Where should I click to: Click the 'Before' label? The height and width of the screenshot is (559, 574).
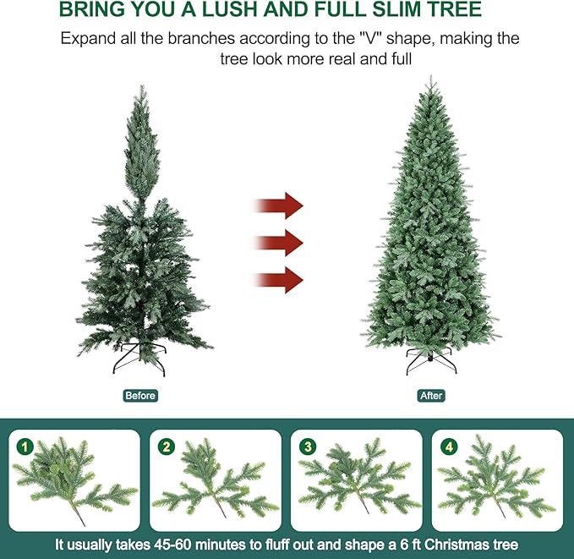tap(140, 396)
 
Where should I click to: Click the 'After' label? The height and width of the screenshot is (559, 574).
tap(431, 396)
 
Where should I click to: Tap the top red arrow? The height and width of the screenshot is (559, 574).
tap(278, 206)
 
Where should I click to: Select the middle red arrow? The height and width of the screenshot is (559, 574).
tap(278, 242)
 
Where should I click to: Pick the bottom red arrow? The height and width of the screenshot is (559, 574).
tap(278, 278)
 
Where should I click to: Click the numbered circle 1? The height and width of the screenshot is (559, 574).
tap(25, 445)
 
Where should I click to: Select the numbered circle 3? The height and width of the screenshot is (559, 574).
tap(307, 445)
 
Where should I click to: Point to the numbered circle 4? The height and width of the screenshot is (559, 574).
tap(448, 445)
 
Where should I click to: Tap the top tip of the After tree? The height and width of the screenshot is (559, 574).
tap(430, 79)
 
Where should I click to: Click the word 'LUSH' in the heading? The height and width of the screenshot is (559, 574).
tap(258, 10)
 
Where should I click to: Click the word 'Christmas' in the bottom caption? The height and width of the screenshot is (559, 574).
tap(457, 545)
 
